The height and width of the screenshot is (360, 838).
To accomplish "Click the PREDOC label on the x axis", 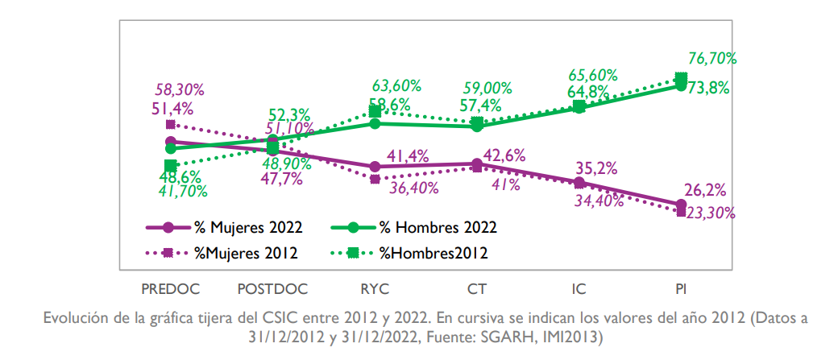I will (x=170, y=287).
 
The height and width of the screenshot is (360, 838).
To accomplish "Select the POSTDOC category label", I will (x=272, y=287).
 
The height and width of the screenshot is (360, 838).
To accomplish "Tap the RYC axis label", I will (x=375, y=287).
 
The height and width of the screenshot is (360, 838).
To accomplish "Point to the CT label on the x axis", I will (x=477, y=287).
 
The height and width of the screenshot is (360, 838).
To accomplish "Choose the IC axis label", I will (x=579, y=287).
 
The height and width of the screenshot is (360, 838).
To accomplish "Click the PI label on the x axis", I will (x=681, y=287).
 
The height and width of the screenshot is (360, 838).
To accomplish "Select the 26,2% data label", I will (x=706, y=191).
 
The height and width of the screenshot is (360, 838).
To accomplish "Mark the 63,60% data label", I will (x=395, y=85).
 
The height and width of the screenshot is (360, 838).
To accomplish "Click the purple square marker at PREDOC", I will (x=170, y=125).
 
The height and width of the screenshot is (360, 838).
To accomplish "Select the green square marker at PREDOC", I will (x=170, y=165).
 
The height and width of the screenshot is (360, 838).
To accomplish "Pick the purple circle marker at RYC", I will (x=375, y=167).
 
